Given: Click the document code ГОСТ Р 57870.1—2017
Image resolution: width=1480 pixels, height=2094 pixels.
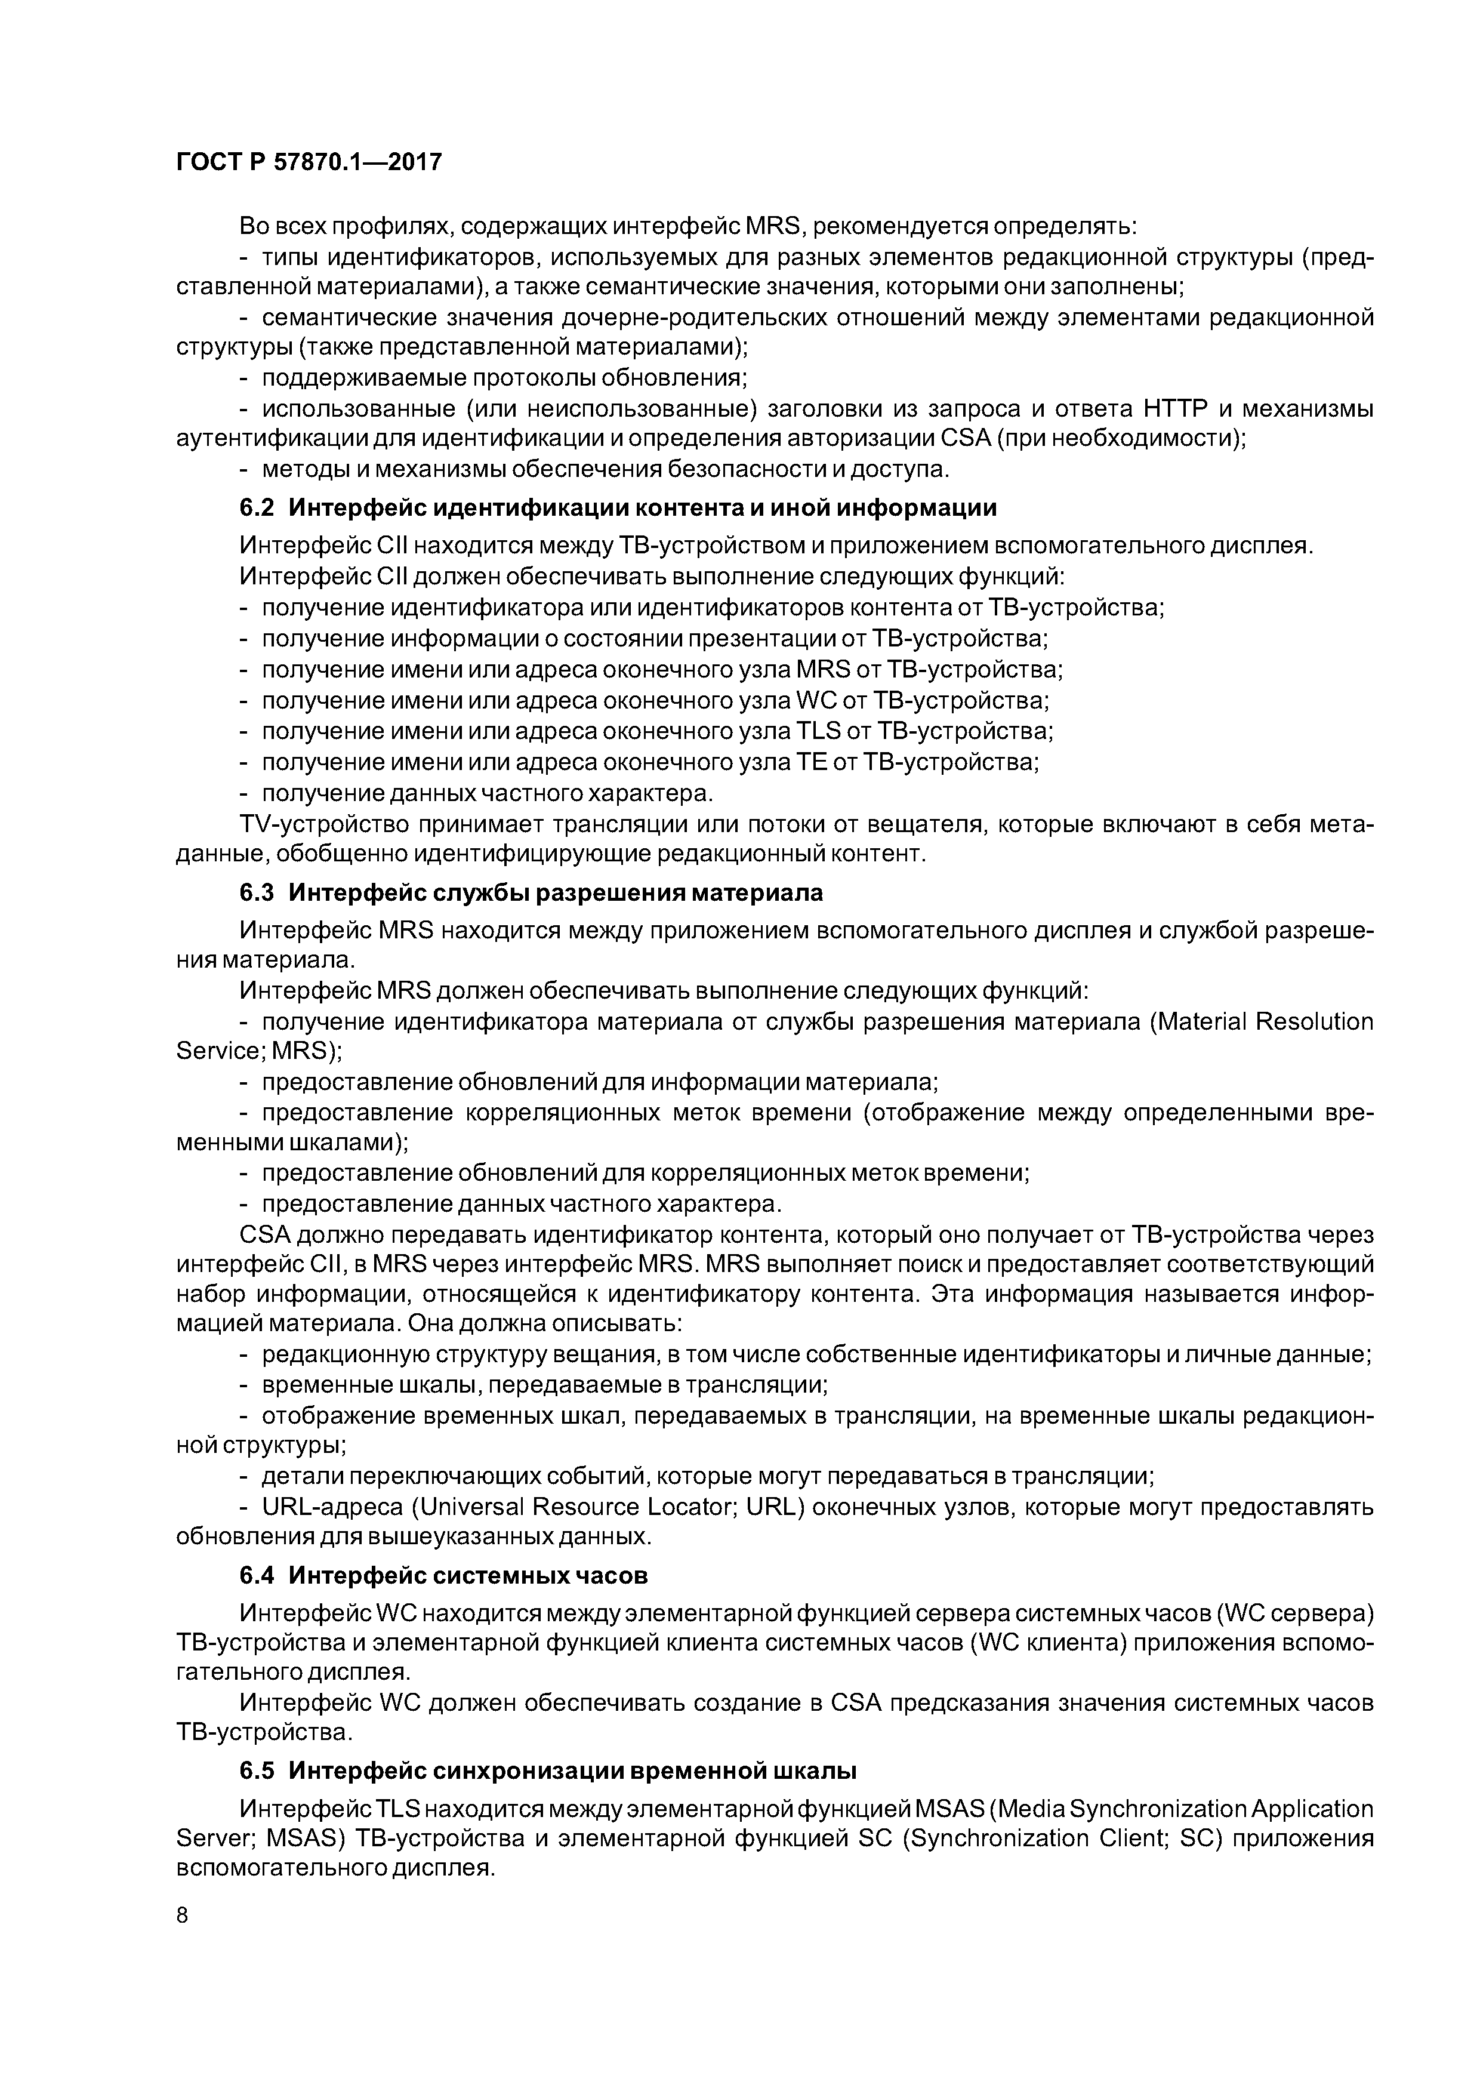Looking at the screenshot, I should click(308, 162).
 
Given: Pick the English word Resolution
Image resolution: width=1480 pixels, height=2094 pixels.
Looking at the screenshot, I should click(1314, 1021).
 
